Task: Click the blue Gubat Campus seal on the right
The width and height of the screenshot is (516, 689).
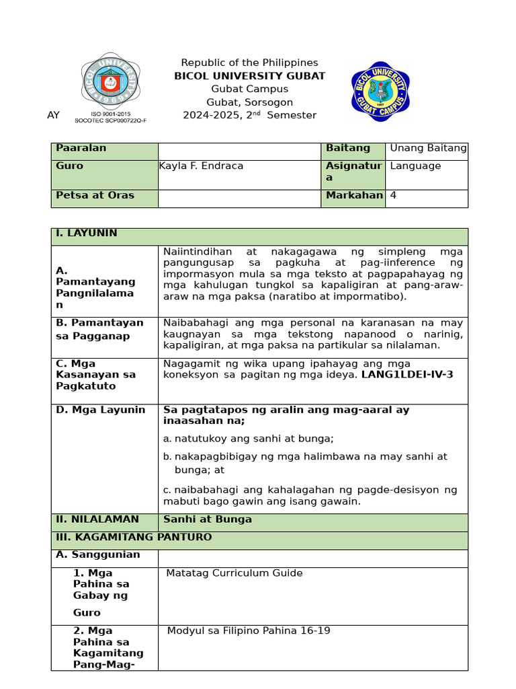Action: [379, 91]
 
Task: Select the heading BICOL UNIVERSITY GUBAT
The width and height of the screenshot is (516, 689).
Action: [249, 76]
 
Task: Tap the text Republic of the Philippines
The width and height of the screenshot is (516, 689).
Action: [249, 63]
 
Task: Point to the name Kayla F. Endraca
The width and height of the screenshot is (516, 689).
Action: [191, 166]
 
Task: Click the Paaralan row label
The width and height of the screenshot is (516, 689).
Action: [81, 148]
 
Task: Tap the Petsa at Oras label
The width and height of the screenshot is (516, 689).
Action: [95, 195]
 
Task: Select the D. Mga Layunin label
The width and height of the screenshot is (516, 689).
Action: [100, 410]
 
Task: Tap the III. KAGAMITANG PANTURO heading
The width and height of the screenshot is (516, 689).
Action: [134, 537]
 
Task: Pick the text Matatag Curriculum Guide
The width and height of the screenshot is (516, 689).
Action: [234, 573]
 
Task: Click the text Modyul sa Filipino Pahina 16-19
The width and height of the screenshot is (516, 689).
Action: [249, 631]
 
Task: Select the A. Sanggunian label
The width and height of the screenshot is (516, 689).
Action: [98, 554]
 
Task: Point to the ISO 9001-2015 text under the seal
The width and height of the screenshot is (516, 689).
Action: [110, 114]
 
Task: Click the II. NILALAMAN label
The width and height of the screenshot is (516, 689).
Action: [97, 519]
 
